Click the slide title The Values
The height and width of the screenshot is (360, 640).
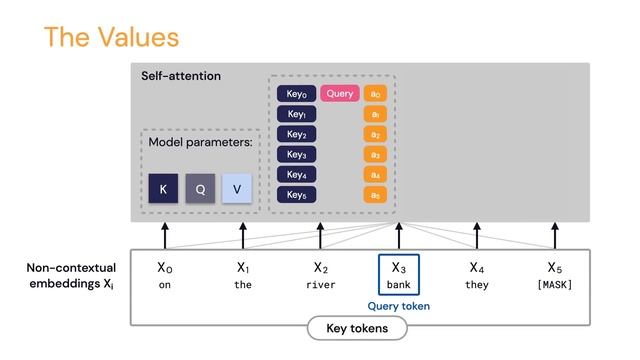tap(111, 38)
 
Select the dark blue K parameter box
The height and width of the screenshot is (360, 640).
tap(163, 189)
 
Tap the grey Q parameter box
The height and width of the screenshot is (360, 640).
tap(200, 189)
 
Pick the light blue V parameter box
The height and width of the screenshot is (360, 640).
tap(237, 189)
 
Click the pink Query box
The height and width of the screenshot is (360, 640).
tap(340, 94)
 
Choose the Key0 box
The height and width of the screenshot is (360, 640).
tap(296, 94)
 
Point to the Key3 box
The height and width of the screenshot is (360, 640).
tap(296, 155)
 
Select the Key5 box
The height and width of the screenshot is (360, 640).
tap(296, 195)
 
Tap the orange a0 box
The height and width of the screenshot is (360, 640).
tap(375, 94)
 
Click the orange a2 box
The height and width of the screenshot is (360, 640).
tap(375, 135)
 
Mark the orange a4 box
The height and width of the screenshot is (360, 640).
tap(375, 175)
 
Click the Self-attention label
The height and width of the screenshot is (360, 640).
tap(181, 76)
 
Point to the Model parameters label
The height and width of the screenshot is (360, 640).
tap(201, 143)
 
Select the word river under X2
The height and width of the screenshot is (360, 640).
tap(320, 285)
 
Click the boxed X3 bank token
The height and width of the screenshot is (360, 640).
tap(398, 274)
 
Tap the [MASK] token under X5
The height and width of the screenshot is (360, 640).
tap(555, 285)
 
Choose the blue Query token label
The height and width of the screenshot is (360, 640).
tap(399, 306)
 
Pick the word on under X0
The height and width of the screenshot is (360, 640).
tap(165, 285)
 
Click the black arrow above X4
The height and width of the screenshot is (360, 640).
tap(476, 235)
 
